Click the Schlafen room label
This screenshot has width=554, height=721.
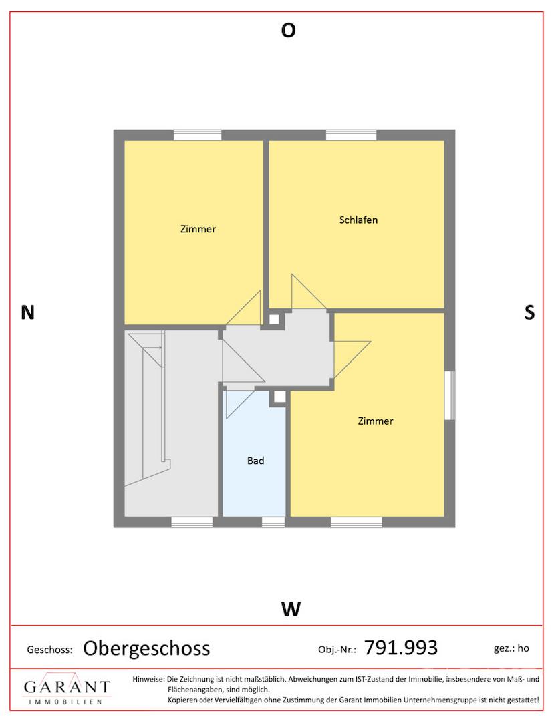click(x=358, y=220)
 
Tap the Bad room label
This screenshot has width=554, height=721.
click(x=255, y=460)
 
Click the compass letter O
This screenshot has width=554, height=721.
click(x=288, y=30)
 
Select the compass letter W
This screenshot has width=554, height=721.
click(x=291, y=609)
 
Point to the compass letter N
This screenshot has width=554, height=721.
click(x=27, y=312)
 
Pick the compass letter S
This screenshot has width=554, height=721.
click(x=530, y=312)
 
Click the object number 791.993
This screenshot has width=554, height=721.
click(x=400, y=648)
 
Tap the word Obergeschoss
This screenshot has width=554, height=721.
click(x=146, y=648)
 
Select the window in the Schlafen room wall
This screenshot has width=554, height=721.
click(x=351, y=135)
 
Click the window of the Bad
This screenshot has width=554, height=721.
click(x=273, y=522)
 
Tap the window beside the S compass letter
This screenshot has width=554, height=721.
click(x=450, y=395)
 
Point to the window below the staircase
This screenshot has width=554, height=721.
click(x=192, y=522)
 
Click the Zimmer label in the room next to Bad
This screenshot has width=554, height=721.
click(x=376, y=421)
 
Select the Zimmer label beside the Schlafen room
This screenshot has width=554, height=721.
click(x=198, y=229)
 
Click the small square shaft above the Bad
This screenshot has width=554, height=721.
click(x=278, y=397)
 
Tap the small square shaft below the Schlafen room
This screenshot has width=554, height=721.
click(x=274, y=318)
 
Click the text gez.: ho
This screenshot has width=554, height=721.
click(x=511, y=648)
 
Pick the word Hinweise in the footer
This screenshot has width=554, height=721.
click(x=148, y=679)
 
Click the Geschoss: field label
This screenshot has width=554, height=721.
click(x=49, y=650)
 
